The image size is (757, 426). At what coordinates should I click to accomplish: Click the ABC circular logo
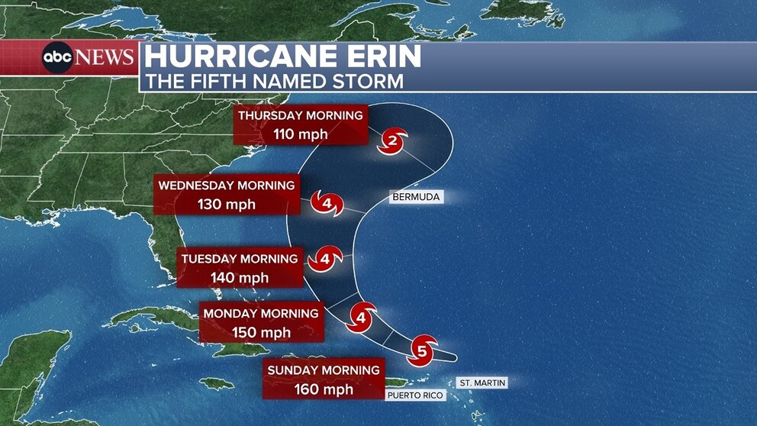pos(57,58)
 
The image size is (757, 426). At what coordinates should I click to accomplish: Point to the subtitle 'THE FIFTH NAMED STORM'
pos(275,81)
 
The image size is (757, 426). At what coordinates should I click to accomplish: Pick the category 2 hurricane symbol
pos(393,140)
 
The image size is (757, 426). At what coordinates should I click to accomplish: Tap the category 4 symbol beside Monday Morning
pos(362,316)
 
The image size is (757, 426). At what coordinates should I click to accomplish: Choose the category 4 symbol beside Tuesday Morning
pos(325,260)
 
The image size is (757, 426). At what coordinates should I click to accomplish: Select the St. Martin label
pos(482,382)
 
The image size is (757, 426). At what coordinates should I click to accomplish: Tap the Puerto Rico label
pos(415,395)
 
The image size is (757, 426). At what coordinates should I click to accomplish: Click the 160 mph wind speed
pos(324,389)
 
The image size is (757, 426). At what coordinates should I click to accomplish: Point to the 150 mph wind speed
pos(261,333)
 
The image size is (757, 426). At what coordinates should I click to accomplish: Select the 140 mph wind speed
pos(240,278)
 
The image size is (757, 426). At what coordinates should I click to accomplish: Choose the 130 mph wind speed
pos(226,205)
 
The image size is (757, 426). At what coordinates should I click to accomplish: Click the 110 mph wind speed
pos(300,134)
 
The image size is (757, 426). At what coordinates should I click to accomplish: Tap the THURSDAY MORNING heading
pos(300,115)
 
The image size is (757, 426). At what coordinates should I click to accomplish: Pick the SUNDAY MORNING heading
pos(324,370)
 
